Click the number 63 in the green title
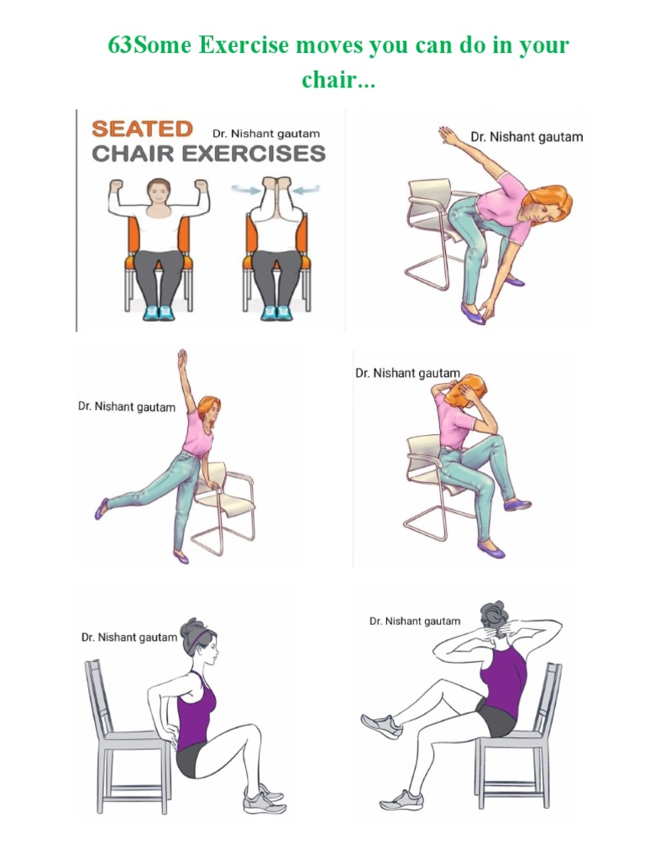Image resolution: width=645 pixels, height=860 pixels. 121,45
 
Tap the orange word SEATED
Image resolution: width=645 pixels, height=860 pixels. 142,129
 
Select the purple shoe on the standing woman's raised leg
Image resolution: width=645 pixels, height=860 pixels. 102,507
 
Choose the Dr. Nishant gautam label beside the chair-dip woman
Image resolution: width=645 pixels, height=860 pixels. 128,637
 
